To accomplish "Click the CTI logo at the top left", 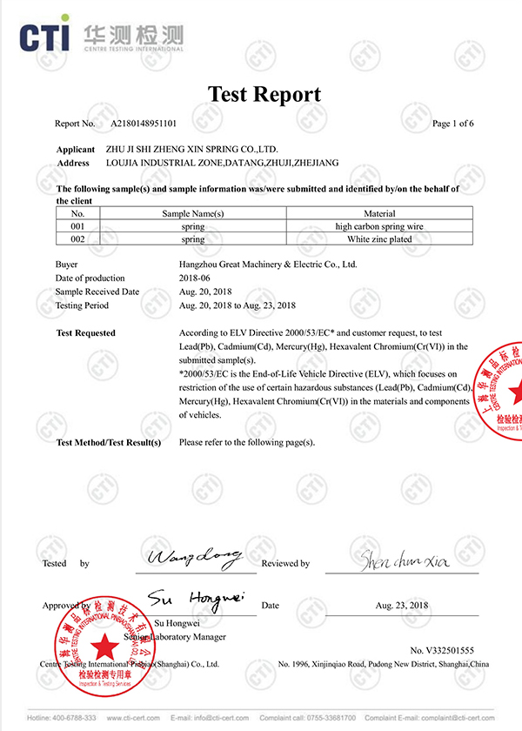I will click(48, 36).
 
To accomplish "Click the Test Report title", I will click(264, 94).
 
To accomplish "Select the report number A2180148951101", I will click(144, 124).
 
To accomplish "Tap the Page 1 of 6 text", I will click(452, 124).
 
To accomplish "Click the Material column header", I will click(379, 213).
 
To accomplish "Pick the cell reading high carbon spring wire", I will click(379, 226).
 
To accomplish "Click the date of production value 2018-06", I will click(196, 278).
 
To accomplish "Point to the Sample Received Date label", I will click(97, 292).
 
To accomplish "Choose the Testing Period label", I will click(83, 305).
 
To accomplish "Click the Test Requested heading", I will click(86, 333).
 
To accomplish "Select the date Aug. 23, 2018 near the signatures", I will click(402, 605).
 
